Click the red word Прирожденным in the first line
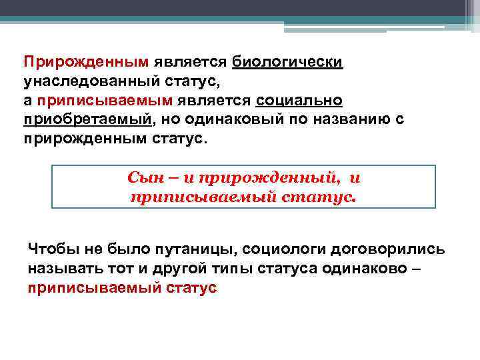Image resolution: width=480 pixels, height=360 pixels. click(x=85, y=61)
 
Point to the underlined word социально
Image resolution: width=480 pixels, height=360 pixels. click(x=299, y=101)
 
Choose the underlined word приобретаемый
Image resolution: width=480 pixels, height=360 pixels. click(x=87, y=120)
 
